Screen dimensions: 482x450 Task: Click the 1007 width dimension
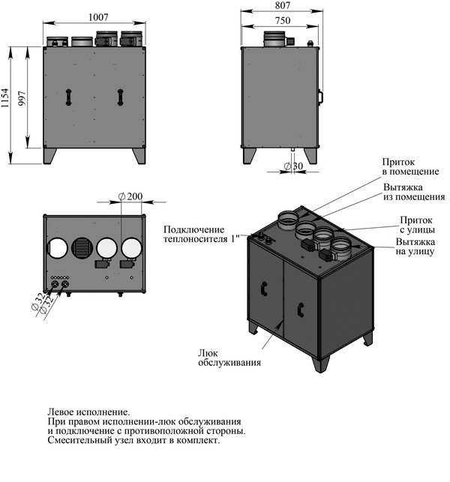click(x=95, y=16)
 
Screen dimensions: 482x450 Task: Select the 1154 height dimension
click(x=6, y=105)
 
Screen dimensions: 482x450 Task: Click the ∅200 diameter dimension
click(x=131, y=196)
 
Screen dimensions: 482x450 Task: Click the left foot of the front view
click(x=50, y=154)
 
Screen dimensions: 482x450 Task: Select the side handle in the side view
click(x=320, y=97)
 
